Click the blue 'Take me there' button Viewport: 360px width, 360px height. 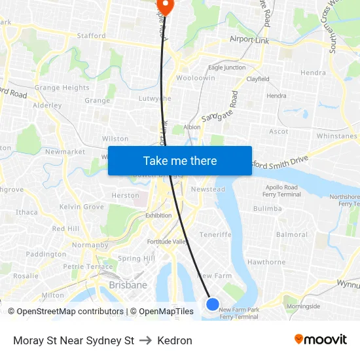click(180, 161)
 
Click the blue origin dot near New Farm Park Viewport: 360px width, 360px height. click(213, 304)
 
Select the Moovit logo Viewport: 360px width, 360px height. click(321, 340)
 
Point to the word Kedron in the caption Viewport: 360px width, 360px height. click(175, 340)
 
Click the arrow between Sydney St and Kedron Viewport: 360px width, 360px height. click(145, 340)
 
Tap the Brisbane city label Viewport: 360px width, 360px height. click(128, 285)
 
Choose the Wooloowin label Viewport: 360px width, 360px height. click(195, 78)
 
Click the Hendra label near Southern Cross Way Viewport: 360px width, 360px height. click(314, 73)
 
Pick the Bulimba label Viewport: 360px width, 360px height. click(267, 208)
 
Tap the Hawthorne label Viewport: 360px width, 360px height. click(266, 262)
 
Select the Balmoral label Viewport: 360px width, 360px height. click(292, 234)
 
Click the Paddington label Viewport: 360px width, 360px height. click(46, 254)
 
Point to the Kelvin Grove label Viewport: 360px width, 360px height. click(82, 207)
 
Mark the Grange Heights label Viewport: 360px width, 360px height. click(62, 88)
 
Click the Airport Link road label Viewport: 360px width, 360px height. click(249, 40)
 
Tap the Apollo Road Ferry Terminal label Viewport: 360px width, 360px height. click(281, 190)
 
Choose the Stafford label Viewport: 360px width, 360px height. click(91, 36)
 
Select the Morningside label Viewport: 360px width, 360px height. click(303, 306)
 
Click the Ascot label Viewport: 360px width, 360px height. click(279, 131)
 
